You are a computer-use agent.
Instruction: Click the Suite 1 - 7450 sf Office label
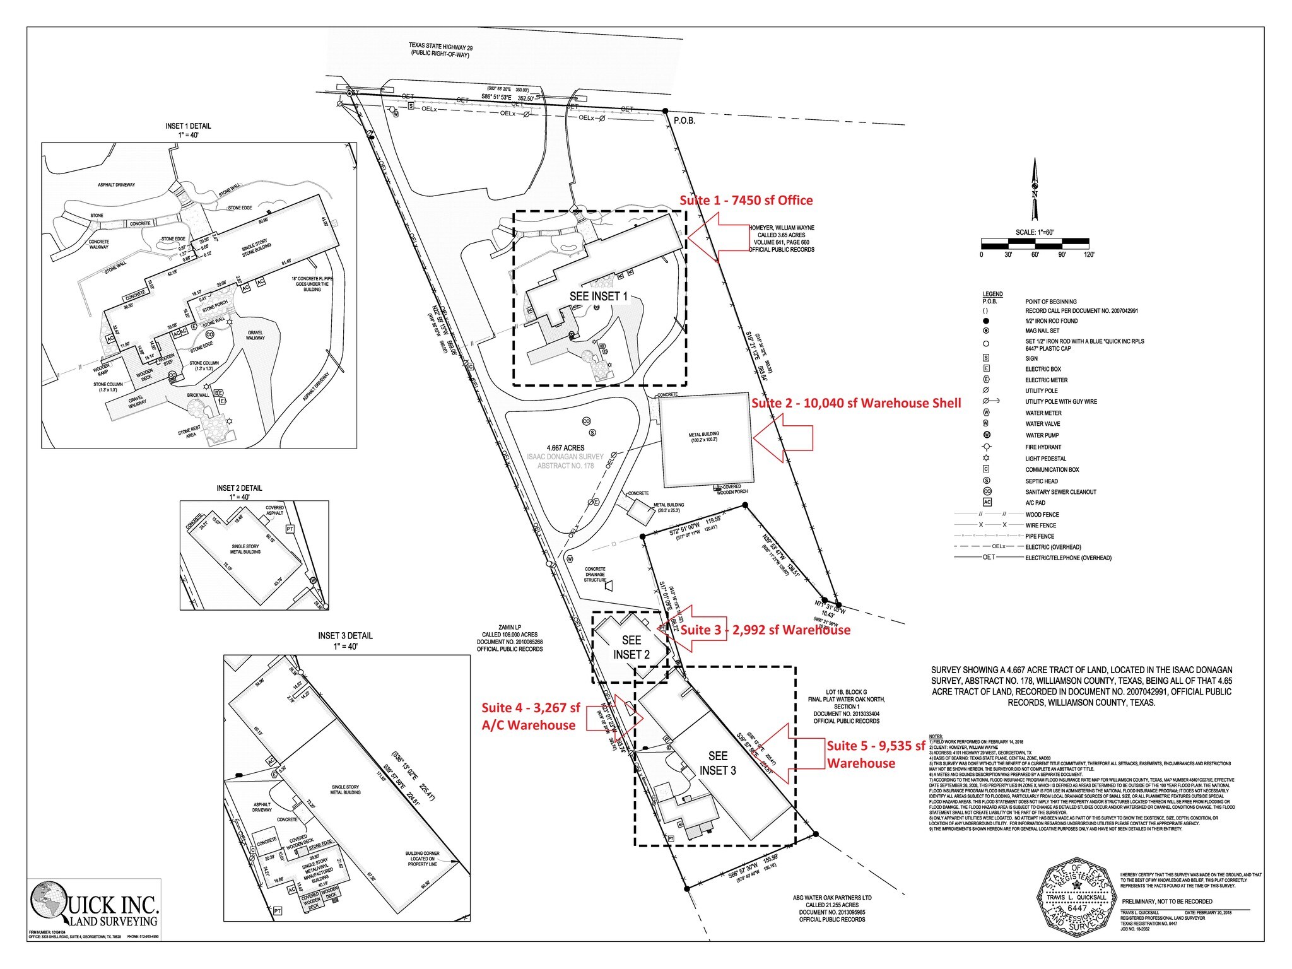pyautogui.click(x=746, y=201)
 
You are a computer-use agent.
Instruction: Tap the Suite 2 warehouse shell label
pyautogui.click(x=856, y=403)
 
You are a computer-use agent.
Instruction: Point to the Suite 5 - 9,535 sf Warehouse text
pyautogui.click(x=876, y=755)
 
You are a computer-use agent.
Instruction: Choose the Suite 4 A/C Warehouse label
pyautogui.click(x=530, y=717)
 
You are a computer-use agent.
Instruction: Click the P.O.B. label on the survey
pyautogui.click(x=684, y=120)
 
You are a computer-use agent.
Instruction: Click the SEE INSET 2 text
pyautogui.click(x=631, y=647)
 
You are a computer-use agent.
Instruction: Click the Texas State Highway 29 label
pyautogui.click(x=440, y=50)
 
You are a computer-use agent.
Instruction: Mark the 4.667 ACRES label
pyautogui.click(x=565, y=448)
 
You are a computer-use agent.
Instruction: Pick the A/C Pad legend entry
pyautogui.click(x=1035, y=503)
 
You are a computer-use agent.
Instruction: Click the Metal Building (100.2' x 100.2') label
pyautogui.click(x=703, y=437)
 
